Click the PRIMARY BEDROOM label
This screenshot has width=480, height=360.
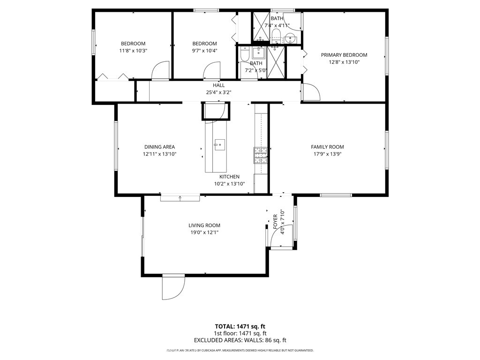(344, 55)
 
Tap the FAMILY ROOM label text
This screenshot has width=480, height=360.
(327, 147)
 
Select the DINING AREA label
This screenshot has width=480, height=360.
(159, 147)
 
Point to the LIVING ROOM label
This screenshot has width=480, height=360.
(204, 225)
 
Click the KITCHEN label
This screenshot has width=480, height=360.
(229, 177)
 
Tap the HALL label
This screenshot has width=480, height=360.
(218, 85)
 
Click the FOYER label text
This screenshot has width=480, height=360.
(275, 222)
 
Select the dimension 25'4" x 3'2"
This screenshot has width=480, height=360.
(218, 92)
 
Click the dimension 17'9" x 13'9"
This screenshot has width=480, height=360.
(327, 154)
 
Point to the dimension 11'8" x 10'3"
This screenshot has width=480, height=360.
(133, 51)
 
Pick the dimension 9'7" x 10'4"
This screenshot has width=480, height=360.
(204, 51)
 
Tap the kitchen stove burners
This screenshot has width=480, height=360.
(261, 156)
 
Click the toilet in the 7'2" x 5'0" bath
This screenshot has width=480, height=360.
(245, 54)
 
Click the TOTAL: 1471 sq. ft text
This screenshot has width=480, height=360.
(240, 327)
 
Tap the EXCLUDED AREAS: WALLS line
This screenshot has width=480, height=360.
(240, 340)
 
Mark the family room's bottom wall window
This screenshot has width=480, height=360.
(336, 195)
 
